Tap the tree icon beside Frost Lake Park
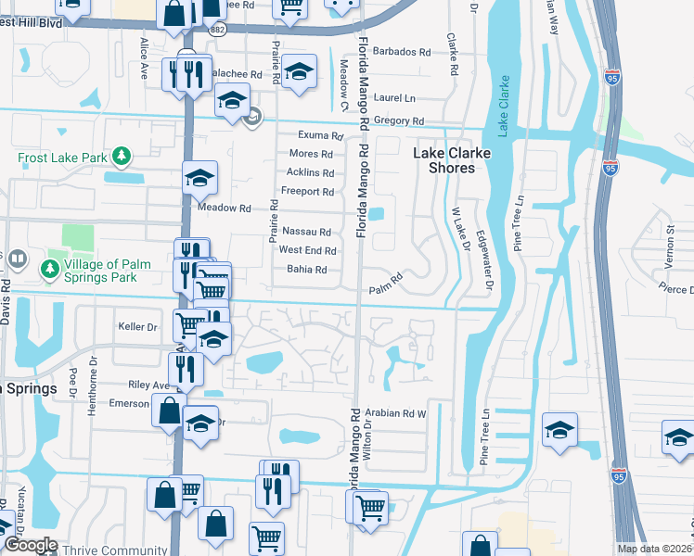[x=120, y=157]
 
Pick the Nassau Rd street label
[x=306, y=232]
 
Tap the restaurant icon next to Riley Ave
[x=186, y=368]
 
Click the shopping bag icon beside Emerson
[x=169, y=411]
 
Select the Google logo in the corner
[x=31, y=545]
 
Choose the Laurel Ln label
[x=395, y=98]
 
